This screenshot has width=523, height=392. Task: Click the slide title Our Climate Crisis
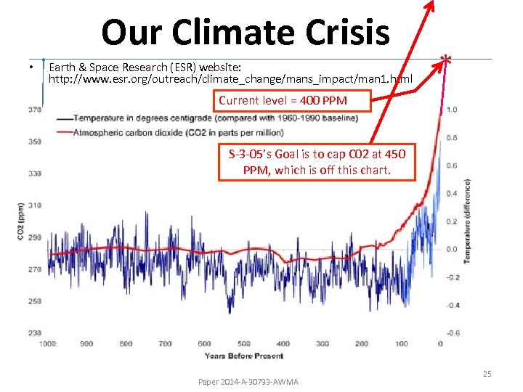coord(246,32)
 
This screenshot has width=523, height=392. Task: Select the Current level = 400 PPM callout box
coord(292,100)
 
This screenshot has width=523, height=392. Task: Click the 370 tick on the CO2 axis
coord(34,110)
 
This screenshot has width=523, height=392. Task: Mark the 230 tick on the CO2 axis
coord(34,333)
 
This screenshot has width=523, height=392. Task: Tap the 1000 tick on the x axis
coord(47,344)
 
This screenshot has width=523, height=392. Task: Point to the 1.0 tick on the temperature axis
coord(452,110)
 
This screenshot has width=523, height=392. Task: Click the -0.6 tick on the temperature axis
coord(451,333)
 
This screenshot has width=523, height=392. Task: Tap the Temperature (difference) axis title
coord(468,221)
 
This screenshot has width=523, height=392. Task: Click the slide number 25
coord(487,374)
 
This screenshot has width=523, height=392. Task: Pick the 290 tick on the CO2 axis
coord(34,237)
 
